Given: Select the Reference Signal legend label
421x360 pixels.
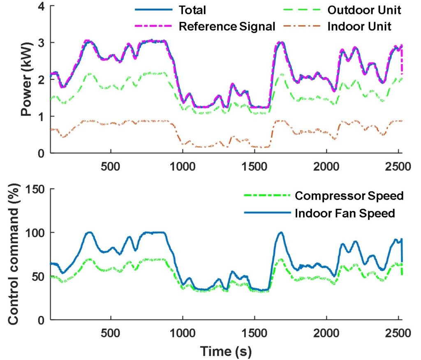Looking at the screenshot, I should [227, 27].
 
